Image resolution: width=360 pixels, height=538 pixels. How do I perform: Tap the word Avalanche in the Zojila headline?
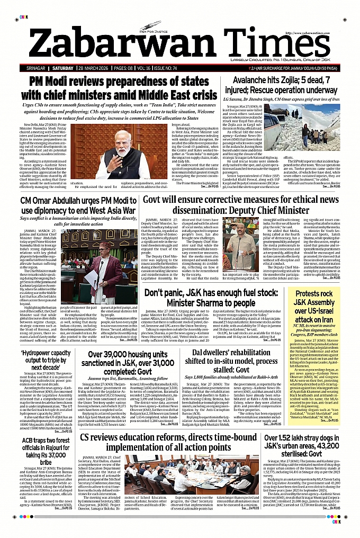tap(244, 81)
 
